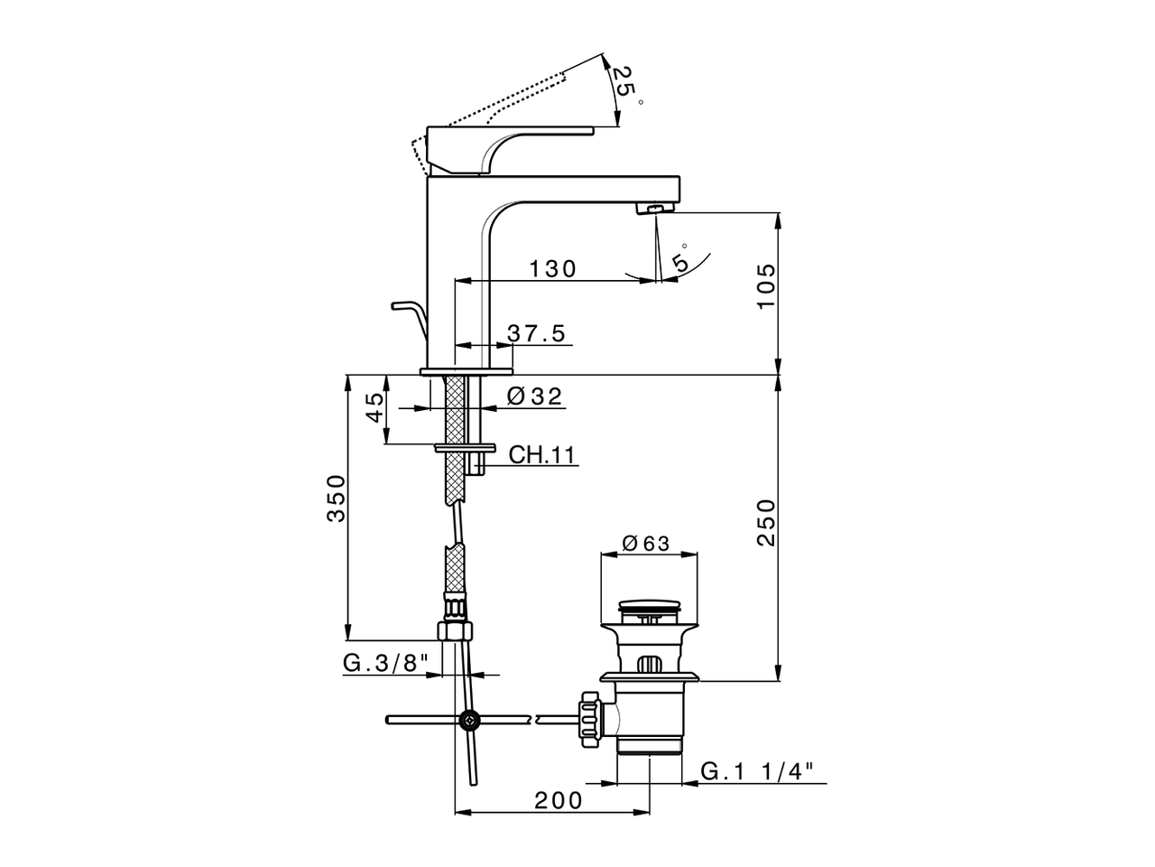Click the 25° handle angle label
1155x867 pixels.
point(622,84)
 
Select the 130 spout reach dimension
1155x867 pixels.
point(552,268)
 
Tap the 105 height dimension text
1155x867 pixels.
point(766,286)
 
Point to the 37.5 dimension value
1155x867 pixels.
point(536,333)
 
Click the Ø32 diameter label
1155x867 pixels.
point(534,396)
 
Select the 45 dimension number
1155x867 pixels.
point(375,407)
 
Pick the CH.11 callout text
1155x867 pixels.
point(541,454)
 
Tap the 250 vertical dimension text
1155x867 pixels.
point(766,522)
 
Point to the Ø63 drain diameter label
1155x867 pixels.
point(645,543)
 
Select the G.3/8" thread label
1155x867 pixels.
point(384,664)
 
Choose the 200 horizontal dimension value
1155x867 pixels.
point(558,800)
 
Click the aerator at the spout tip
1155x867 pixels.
point(655,210)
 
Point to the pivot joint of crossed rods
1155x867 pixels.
point(469,720)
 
